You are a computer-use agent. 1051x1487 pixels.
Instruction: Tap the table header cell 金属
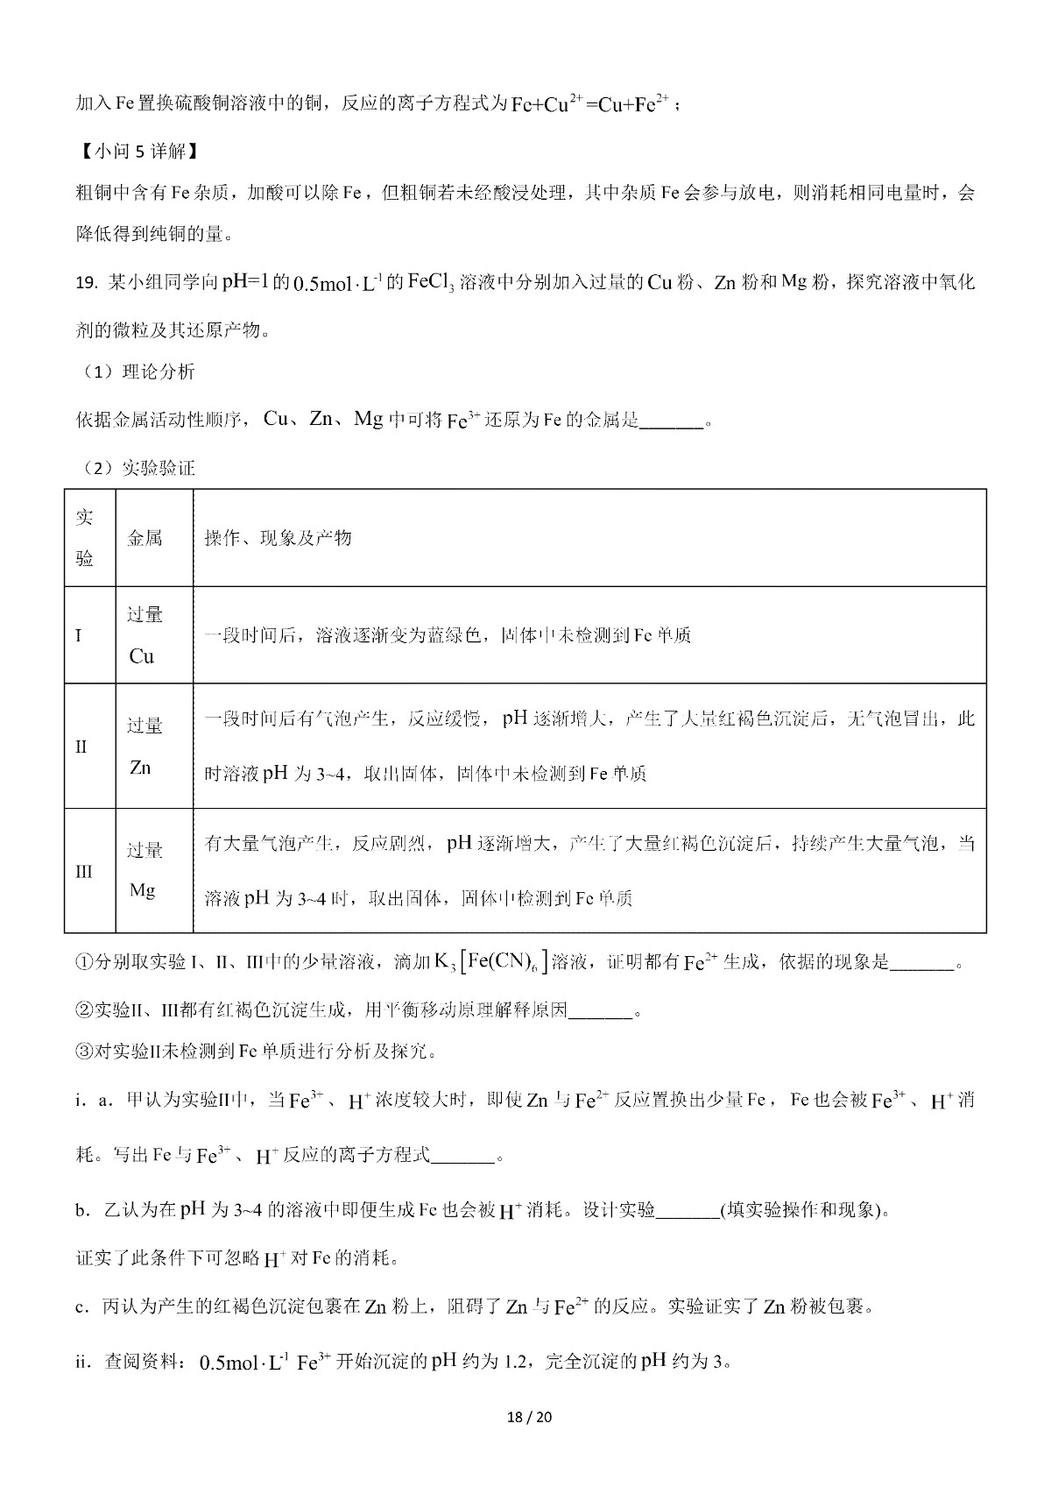[x=145, y=538]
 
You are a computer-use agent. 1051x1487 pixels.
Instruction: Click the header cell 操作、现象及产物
[x=278, y=538]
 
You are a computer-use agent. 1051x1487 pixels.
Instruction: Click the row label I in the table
[x=80, y=635]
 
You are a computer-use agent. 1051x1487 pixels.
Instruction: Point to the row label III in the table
[x=84, y=872]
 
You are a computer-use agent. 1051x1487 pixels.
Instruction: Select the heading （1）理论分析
[x=136, y=372]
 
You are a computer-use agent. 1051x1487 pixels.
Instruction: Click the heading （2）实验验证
[x=136, y=468]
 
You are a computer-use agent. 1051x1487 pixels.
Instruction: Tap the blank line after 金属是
[x=672, y=421]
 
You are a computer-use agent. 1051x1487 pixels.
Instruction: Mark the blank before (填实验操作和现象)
[x=687, y=1212]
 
